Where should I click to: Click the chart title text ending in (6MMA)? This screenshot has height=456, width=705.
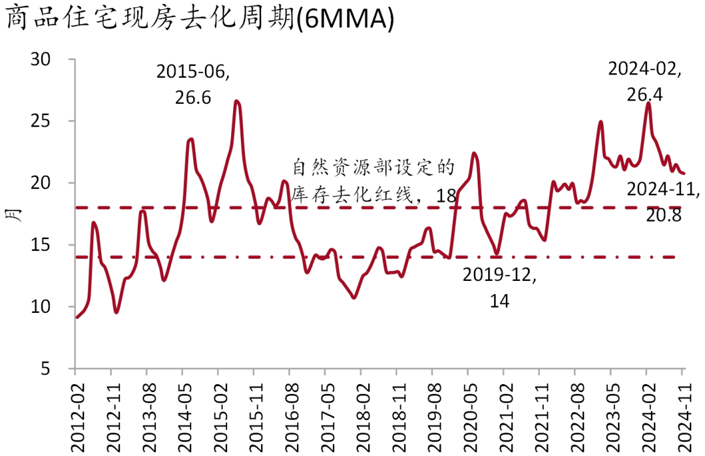point(201,20)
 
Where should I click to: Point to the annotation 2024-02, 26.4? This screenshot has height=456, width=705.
point(645,82)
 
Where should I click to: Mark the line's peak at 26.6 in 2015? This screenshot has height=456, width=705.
point(236,101)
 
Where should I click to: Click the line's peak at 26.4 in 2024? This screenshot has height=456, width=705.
point(648,103)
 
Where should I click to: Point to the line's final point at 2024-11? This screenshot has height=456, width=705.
point(683,173)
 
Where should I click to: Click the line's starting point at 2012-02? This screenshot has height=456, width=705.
point(76,318)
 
